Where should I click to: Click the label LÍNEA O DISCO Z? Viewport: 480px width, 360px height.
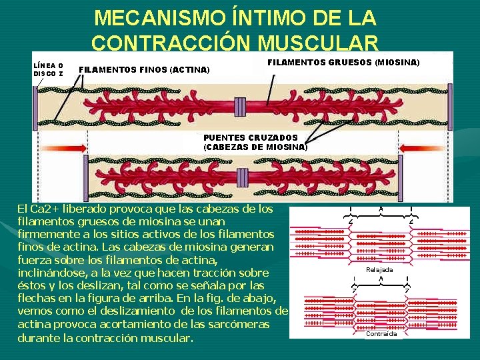(x=49, y=69)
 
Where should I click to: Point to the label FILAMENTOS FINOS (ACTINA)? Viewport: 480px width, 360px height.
(x=144, y=69)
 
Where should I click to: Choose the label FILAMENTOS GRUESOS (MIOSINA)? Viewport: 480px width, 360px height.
(x=343, y=62)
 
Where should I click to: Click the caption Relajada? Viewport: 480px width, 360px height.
(x=379, y=269)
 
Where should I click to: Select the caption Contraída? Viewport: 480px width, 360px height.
(x=381, y=333)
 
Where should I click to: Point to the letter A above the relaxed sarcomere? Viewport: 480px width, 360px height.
(x=381, y=209)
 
